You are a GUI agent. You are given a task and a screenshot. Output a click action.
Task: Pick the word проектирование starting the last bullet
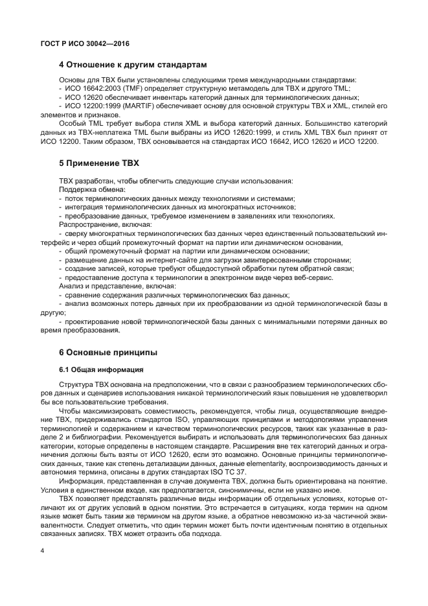point(95,321)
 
